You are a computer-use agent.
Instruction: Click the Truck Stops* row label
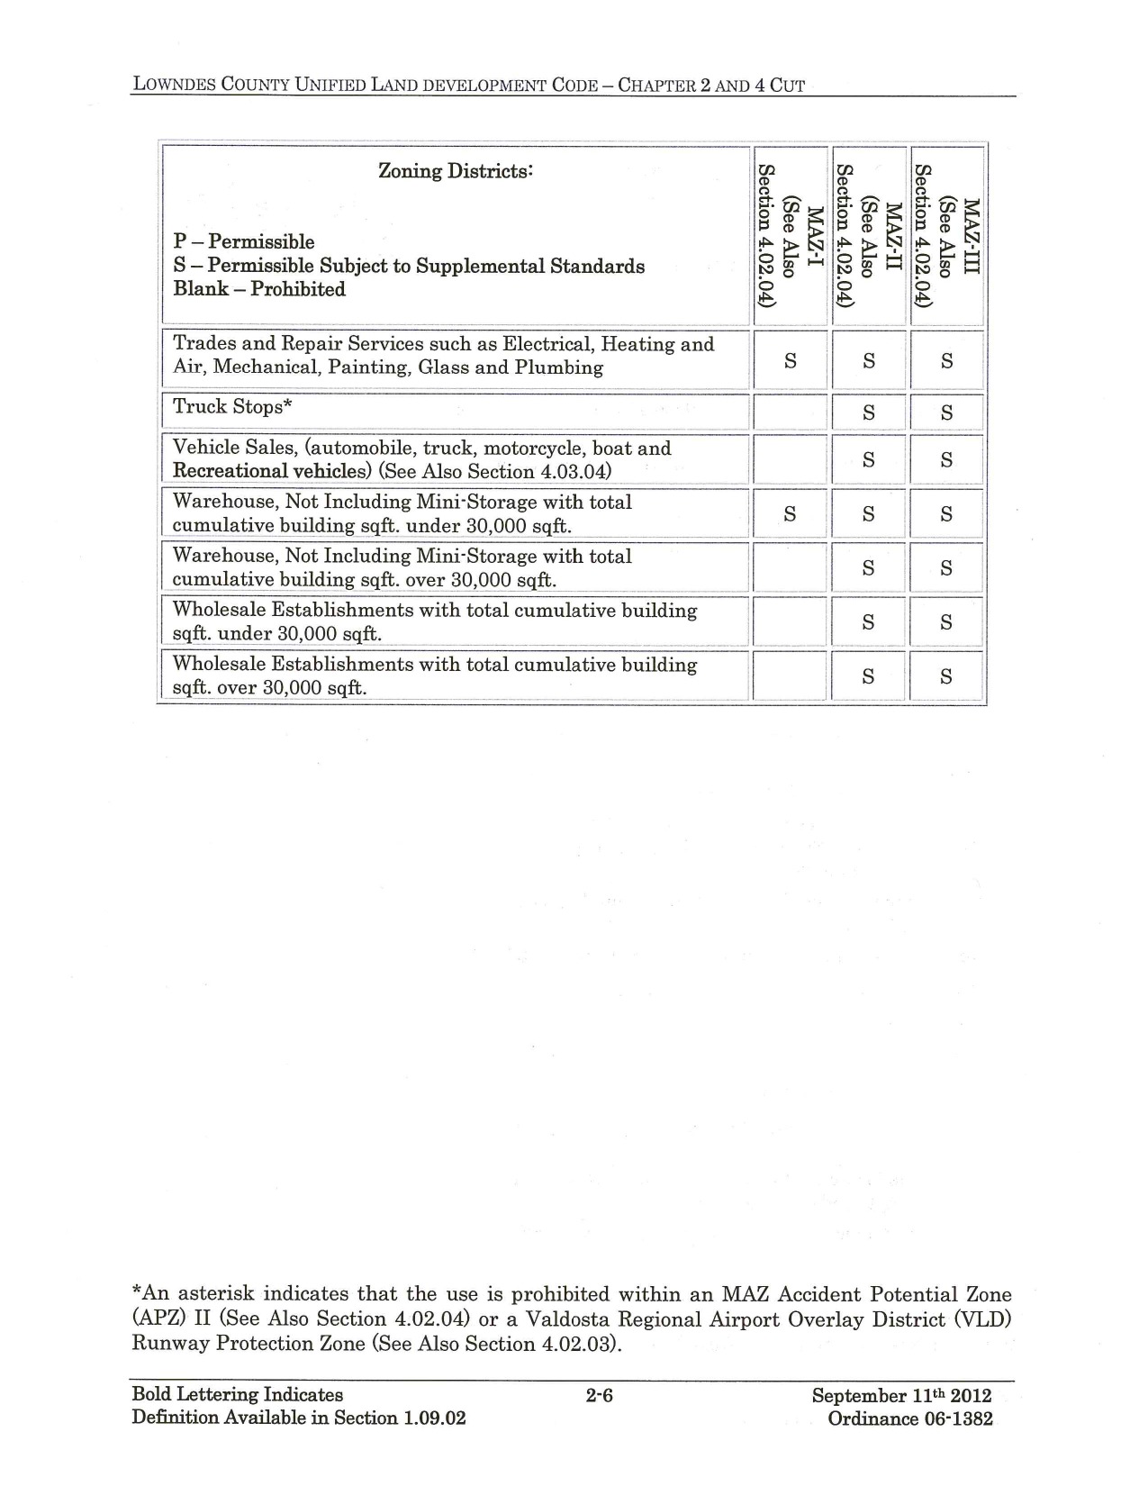click(232, 407)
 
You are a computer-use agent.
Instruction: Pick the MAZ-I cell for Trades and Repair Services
click(790, 360)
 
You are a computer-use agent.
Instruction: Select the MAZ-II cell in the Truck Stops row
click(868, 413)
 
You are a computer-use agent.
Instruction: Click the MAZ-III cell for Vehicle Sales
click(946, 460)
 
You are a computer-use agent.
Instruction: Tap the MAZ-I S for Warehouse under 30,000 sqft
click(790, 514)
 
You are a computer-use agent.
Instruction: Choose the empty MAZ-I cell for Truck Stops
click(790, 412)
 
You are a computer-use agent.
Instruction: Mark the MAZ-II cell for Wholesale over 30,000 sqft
click(868, 676)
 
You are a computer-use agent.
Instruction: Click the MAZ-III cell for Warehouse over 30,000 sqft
click(946, 568)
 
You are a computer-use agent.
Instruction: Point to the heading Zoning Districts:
click(456, 170)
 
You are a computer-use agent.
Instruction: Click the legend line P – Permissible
click(244, 242)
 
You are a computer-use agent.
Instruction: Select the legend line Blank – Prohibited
click(259, 289)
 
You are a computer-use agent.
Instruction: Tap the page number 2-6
click(600, 1396)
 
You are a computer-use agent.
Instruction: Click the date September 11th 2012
click(901, 1396)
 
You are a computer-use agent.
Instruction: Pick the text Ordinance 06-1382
click(910, 1419)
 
